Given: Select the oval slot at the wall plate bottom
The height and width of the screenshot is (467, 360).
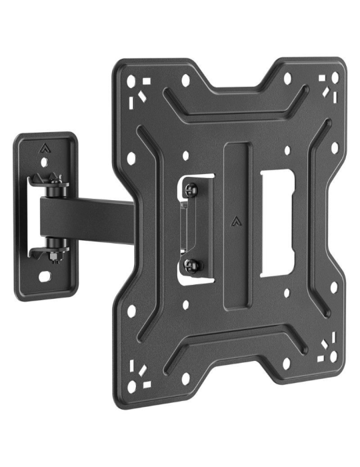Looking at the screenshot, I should pos(45,275).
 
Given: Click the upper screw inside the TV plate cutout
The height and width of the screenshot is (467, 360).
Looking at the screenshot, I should pos(192,190).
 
